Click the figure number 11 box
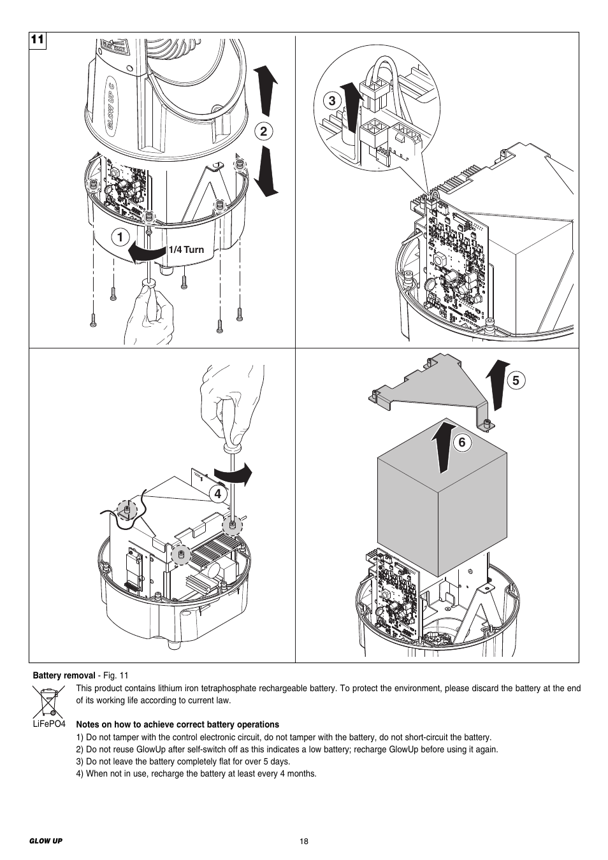point(38,39)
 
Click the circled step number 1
point(119,238)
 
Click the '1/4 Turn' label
point(186,250)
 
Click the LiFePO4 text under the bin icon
point(50,725)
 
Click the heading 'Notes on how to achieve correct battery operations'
point(177,724)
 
